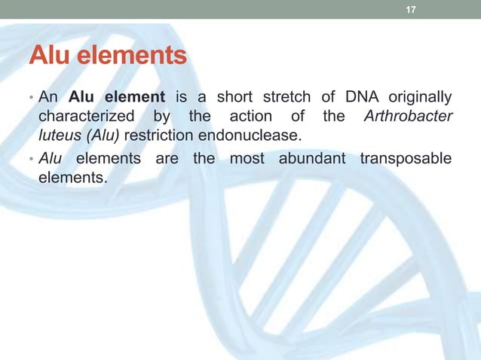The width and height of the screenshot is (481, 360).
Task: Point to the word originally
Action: point(420,99)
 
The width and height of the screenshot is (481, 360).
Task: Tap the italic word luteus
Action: point(57,137)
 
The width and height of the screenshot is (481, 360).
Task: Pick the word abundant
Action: point(311,158)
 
